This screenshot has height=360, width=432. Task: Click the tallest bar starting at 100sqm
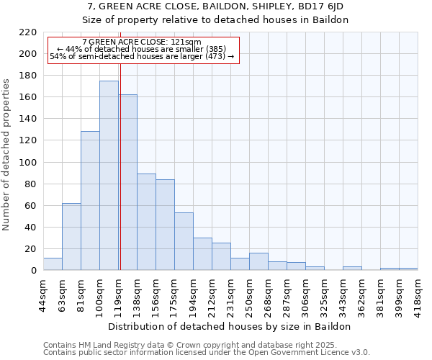click(x=109, y=176)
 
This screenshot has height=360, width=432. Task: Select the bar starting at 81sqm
click(x=90, y=201)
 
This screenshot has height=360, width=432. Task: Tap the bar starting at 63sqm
click(x=71, y=237)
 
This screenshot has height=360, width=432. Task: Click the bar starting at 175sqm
click(x=184, y=241)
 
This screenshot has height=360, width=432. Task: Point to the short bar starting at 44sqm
click(x=53, y=264)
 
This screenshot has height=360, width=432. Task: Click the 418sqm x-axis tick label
click(x=418, y=294)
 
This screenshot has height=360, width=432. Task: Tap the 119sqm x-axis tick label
click(x=118, y=294)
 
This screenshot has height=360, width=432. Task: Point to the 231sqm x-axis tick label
click(x=230, y=294)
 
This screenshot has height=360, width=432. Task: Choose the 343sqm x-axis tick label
click(x=343, y=294)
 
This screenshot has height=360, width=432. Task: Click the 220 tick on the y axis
click(x=28, y=32)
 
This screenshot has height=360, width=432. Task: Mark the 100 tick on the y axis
click(x=28, y=163)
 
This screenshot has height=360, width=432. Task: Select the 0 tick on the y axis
click(x=34, y=271)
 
